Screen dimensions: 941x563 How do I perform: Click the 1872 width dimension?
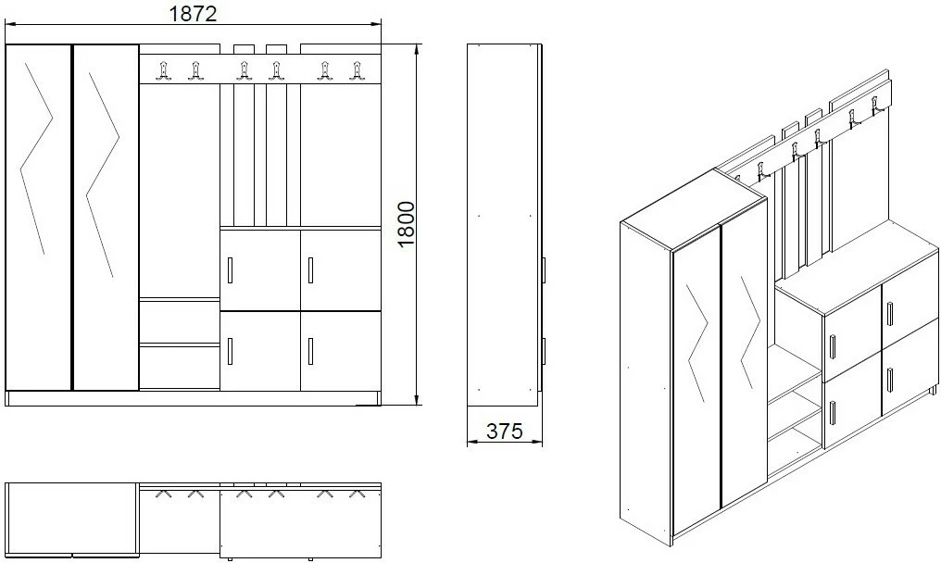[x=193, y=13]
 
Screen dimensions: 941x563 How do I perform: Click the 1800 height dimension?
[x=406, y=224]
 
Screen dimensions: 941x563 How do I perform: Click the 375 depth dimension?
[x=504, y=431]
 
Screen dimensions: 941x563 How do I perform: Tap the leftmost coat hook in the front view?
[x=163, y=70]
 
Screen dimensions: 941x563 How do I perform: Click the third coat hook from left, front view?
[x=243, y=70]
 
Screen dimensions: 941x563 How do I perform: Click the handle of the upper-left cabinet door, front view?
[x=231, y=270]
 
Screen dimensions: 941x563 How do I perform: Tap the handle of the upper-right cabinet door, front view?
[x=310, y=270]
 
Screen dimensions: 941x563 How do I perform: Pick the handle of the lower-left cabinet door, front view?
[x=231, y=351]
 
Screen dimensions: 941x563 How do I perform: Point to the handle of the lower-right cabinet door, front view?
[x=310, y=351]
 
